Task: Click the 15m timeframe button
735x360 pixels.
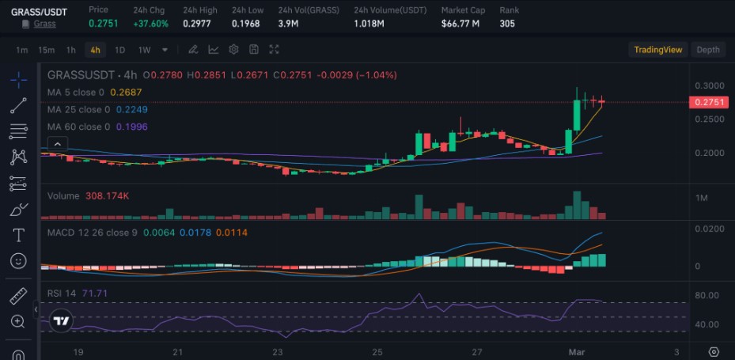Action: coord(47,50)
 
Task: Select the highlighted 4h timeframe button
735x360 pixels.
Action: coord(96,50)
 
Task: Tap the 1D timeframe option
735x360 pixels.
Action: coord(120,50)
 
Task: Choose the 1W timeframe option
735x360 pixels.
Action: coord(144,50)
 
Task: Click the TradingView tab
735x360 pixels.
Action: coord(657,50)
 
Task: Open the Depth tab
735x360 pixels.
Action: coord(707,50)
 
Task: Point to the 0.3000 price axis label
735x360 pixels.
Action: coord(708,85)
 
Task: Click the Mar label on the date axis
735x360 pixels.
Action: coord(576,351)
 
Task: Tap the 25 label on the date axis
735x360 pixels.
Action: coord(377,351)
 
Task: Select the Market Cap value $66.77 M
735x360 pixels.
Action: coord(461,24)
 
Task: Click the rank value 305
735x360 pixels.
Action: coord(508,24)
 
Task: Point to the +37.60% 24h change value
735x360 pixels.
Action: coord(151,24)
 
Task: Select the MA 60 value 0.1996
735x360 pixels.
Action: coord(131,127)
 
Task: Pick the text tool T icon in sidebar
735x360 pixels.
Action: coord(18,235)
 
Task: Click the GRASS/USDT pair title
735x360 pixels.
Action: coord(39,12)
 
